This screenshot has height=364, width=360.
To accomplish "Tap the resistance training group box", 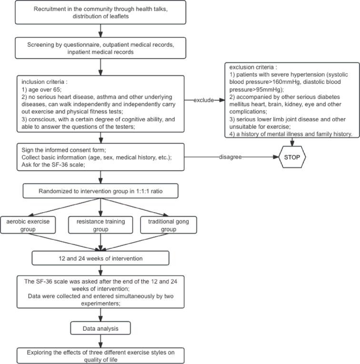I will pos(100,225).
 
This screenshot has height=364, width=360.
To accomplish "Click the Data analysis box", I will pos(100,328).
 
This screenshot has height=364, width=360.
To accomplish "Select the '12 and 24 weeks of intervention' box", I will pos(100,257).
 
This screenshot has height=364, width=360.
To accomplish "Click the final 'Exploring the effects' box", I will pos(100,355).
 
